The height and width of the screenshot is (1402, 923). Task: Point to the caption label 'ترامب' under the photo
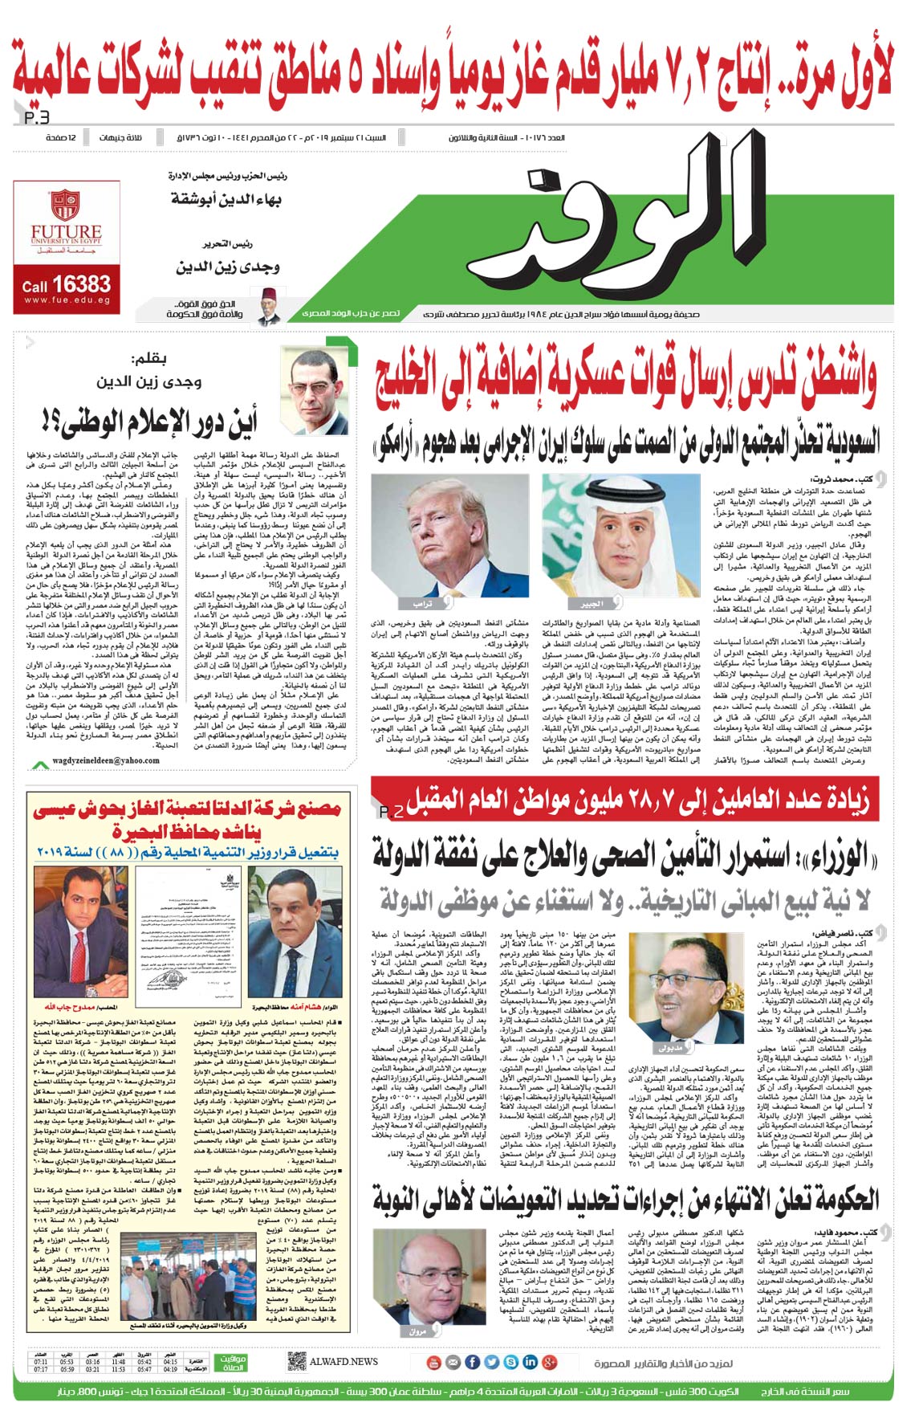point(424,603)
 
